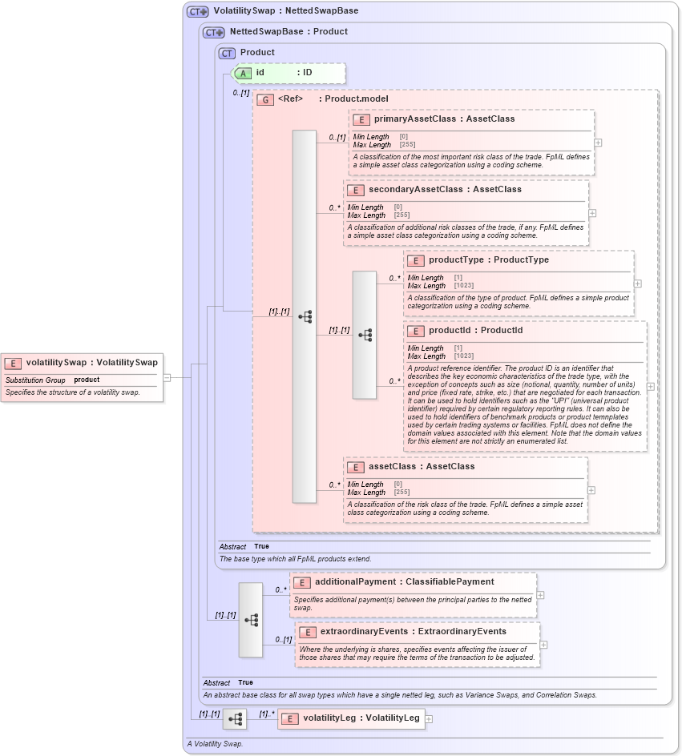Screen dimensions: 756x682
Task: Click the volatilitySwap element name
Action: pyautogui.click(x=91, y=363)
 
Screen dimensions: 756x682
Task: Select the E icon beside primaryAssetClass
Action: pyautogui.click(x=361, y=119)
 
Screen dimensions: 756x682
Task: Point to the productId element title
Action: pyautogui.click(x=475, y=331)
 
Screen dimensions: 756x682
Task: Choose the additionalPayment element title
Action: pyautogui.click(x=404, y=582)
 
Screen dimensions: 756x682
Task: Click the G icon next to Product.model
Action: pyautogui.click(x=264, y=99)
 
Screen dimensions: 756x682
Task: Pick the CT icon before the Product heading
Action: pyautogui.click(x=228, y=53)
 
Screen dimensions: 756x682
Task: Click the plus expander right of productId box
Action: pyautogui.click(x=650, y=386)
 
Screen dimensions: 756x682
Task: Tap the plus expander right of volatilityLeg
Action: pyautogui.click(x=429, y=719)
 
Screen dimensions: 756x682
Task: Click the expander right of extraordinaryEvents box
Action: pyautogui.click(x=543, y=645)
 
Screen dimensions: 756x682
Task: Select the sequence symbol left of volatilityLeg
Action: pyautogui.click(x=235, y=719)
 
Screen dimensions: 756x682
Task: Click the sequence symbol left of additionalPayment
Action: pyautogui.click(x=251, y=620)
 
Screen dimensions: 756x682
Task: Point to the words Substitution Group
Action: pyautogui.click(x=36, y=380)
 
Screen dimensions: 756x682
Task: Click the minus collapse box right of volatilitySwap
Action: pyautogui.click(x=167, y=377)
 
